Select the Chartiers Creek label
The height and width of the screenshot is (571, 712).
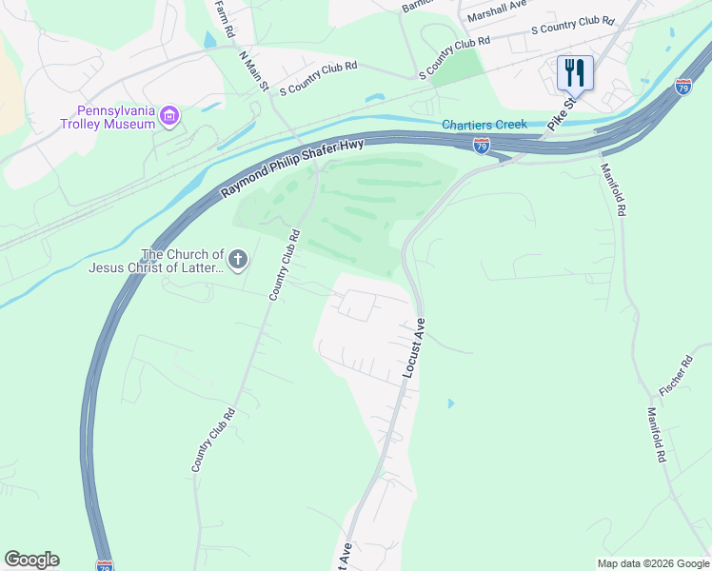pos(484,125)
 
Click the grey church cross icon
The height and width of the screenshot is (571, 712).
pos(238,258)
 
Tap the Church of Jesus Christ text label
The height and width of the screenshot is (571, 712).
pos(155,261)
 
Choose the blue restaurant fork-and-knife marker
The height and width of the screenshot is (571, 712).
pos(575,72)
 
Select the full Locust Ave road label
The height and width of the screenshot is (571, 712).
pos(411,348)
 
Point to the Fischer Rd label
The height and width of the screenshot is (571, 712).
pos(675,377)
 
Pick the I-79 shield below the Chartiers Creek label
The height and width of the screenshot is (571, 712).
pos(482,146)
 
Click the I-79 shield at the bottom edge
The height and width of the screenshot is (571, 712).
pos(105,565)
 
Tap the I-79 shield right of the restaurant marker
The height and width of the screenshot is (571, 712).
pos(682,86)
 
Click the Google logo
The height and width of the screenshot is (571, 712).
pos(31,560)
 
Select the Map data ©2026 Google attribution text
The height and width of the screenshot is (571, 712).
pos(653,563)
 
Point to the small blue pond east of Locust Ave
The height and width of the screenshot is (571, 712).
pos(450,404)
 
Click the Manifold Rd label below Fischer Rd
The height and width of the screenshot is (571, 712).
pos(657,435)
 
